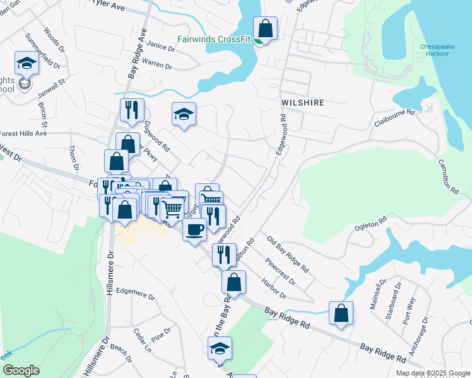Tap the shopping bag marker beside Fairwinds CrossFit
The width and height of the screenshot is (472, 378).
click(x=266, y=29)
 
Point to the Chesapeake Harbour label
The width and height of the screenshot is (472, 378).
click(x=435, y=50)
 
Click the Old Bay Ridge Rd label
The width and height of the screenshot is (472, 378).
click(x=287, y=253)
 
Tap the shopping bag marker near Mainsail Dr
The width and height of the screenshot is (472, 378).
click(x=341, y=314)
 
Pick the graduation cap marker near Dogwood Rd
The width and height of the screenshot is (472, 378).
click(x=184, y=115)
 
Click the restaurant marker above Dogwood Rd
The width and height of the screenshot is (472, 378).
click(x=132, y=110)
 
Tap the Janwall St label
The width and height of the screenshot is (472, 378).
click(x=54, y=88)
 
